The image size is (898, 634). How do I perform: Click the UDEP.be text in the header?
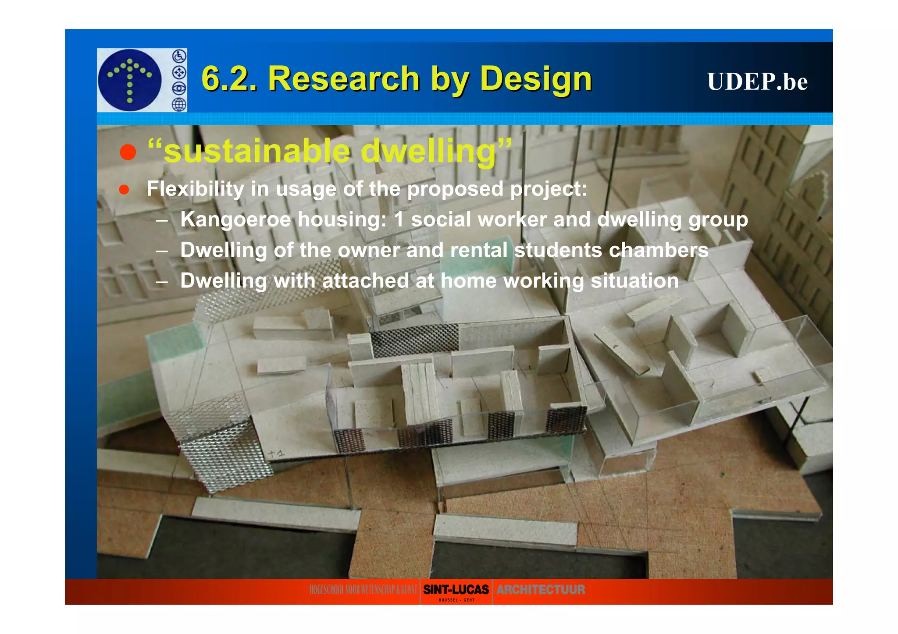point(757,81)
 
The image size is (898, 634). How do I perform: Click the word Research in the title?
point(344,79)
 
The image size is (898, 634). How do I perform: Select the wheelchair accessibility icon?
point(179,56)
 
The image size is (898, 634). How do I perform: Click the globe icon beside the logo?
point(179,104)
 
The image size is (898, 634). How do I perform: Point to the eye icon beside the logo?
point(179,88)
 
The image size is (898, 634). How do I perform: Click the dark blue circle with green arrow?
point(129,80)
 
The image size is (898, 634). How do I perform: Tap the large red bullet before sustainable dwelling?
point(128,152)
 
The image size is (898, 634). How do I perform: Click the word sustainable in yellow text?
point(257,151)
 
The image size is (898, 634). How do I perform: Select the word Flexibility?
point(195,189)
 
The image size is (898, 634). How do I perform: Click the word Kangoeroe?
point(235,220)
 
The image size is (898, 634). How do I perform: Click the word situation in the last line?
point(634,281)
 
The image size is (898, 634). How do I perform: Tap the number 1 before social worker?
point(398,220)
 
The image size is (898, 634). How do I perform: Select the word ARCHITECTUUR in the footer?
point(541,590)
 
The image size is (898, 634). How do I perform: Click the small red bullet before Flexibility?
point(124,189)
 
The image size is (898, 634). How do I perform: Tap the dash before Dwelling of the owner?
point(161,251)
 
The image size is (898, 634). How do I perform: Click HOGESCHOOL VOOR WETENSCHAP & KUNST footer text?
point(363,590)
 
